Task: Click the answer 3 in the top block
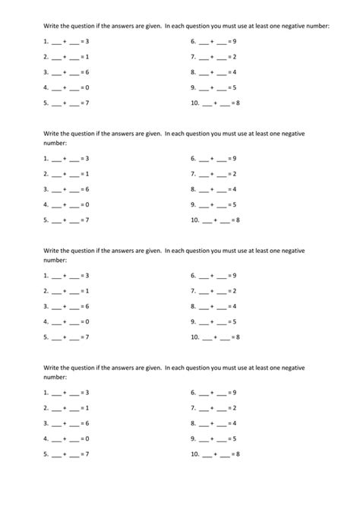point(88,42)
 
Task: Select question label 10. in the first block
point(196,103)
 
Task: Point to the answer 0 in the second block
point(88,204)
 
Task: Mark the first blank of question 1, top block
point(55,43)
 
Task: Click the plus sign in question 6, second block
point(213,159)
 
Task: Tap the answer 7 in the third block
point(88,337)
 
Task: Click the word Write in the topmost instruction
point(52,25)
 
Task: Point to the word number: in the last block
point(55,377)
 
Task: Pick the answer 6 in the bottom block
point(88,423)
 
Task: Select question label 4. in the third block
point(46,321)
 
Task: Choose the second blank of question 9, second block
point(221,205)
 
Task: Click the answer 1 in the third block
point(88,291)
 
